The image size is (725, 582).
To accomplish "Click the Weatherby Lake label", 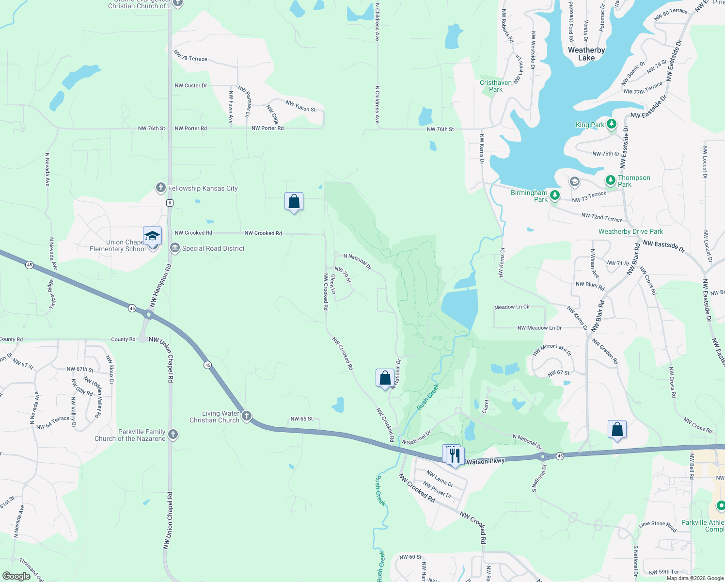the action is click(x=586, y=54).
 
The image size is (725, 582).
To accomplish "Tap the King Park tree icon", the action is click(x=612, y=125).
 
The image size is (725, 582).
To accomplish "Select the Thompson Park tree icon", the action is click(x=611, y=180).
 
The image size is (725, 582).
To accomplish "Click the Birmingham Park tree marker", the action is click(x=555, y=195).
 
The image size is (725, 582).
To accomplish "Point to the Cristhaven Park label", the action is click(x=496, y=86).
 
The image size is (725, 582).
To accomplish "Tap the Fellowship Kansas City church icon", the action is click(x=161, y=188).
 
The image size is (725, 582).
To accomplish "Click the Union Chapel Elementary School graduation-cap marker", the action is click(x=152, y=236).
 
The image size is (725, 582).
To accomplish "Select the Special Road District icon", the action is click(x=174, y=248).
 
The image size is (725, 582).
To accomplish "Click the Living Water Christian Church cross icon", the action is click(x=247, y=416).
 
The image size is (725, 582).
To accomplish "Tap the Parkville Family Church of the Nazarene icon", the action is click(x=173, y=435).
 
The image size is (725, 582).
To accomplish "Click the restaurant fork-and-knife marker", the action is click(x=455, y=455).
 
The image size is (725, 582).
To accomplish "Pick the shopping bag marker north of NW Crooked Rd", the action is click(x=294, y=201).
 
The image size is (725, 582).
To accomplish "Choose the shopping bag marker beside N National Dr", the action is click(x=385, y=378).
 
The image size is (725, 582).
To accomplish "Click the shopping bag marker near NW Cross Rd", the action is click(x=617, y=429).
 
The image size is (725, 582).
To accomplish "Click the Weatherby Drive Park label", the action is click(x=630, y=231).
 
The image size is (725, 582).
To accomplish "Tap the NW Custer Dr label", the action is click(x=190, y=85).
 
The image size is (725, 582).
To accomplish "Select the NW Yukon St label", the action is click(x=300, y=106).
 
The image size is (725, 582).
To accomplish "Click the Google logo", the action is click(x=16, y=576).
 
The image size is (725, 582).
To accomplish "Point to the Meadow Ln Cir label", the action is click(x=512, y=307).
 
